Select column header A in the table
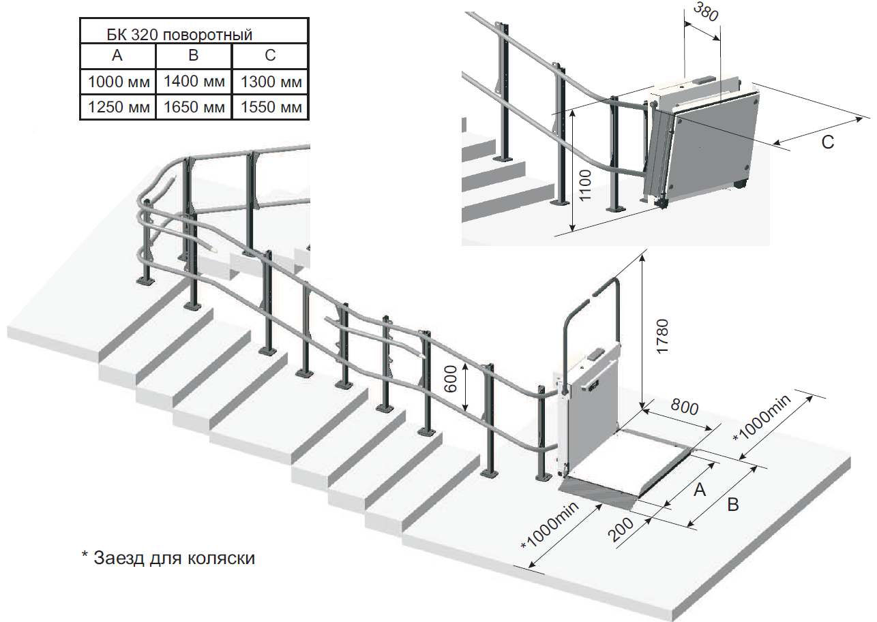(x=117, y=56)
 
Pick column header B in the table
(x=194, y=56)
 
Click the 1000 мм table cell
(x=118, y=82)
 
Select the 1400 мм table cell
(x=194, y=82)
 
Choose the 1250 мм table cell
(x=118, y=107)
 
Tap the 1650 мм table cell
(x=194, y=107)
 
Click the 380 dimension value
(x=705, y=12)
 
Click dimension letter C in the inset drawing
(x=827, y=142)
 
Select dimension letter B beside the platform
(x=732, y=505)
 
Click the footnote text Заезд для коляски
(x=168, y=558)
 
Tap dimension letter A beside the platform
(x=698, y=488)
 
